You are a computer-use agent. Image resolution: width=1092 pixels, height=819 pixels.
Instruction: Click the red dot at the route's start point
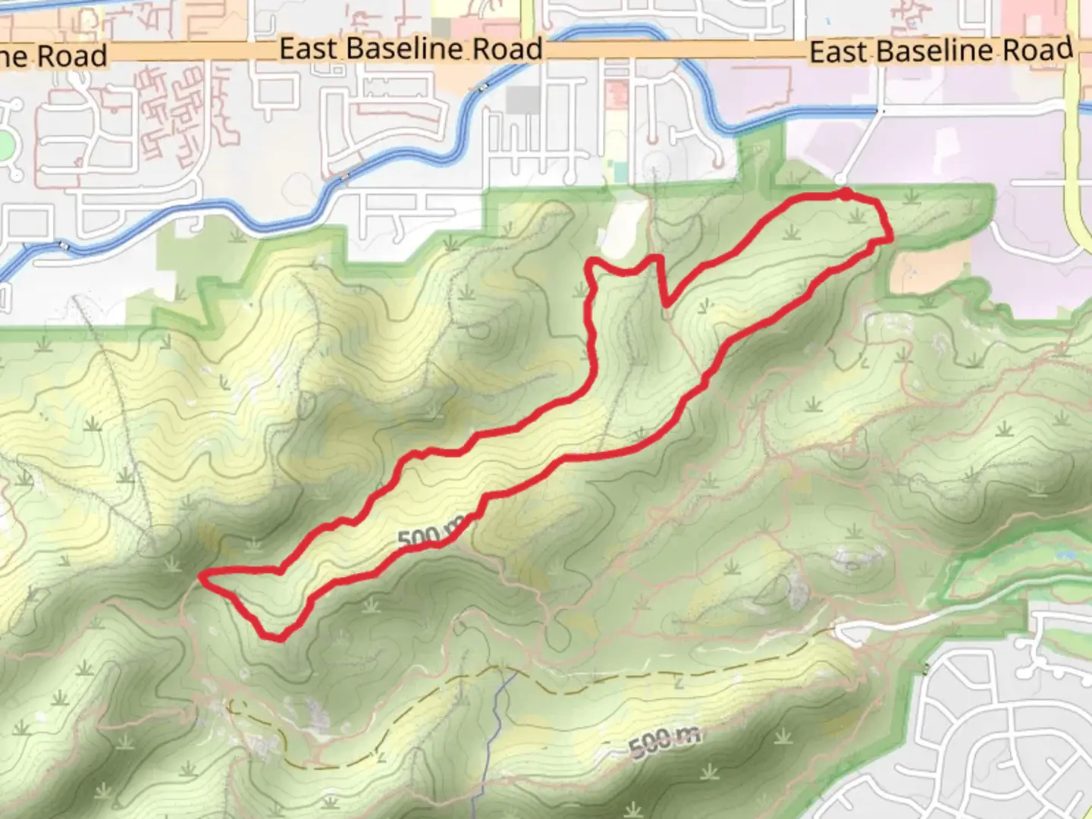coord(844,195)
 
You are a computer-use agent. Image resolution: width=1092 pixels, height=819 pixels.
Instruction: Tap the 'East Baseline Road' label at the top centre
coord(411,49)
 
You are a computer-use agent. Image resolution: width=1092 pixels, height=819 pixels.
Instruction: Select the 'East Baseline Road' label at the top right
coord(941,51)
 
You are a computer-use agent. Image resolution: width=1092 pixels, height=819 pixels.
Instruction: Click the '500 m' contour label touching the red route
coord(429,536)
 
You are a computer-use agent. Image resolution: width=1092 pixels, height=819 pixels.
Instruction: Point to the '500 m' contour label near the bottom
coord(664,740)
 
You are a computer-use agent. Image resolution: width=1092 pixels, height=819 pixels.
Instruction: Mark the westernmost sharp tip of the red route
coord(201,577)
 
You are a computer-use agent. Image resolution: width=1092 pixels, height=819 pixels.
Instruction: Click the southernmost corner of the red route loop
coord(278,639)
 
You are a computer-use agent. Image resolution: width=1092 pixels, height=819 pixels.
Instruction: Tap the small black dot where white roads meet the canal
coord(879,111)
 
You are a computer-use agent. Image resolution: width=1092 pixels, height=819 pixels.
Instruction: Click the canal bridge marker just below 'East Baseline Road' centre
coord(482,89)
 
